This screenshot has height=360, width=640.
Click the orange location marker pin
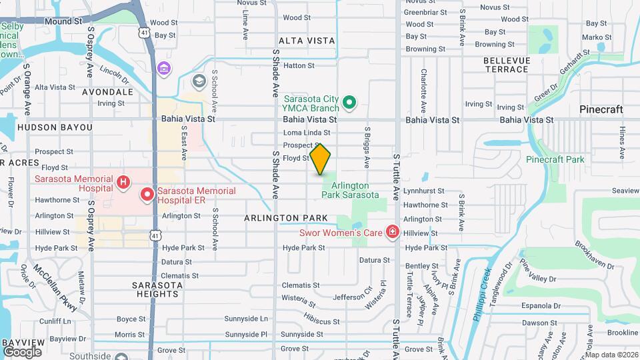pos(321,159)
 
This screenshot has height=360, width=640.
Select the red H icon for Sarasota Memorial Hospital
pos(123,182)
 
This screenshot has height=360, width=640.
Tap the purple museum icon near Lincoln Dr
pos(164,68)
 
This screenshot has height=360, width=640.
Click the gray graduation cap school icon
pos(198,81)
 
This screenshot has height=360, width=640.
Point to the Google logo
pos(22,352)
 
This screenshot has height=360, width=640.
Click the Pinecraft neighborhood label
pos(601,109)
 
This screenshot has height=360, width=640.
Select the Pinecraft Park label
pos(555,159)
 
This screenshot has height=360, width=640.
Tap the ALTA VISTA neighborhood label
pos(307,41)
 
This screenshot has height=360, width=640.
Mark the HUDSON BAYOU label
pos(45,127)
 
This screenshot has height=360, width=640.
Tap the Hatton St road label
pos(299,65)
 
